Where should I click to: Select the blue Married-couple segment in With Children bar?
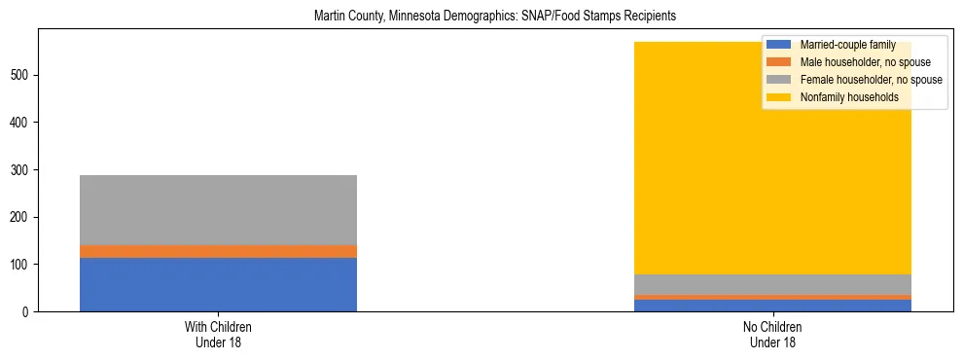point(218,284)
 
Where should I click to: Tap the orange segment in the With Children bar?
point(218,251)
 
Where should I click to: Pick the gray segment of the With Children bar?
point(218,210)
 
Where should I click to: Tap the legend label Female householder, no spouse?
point(871,80)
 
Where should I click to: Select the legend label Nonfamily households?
point(849,97)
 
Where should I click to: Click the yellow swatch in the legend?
point(779,97)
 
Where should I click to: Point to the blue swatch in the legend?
point(779,45)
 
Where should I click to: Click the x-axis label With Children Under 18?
point(218,334)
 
